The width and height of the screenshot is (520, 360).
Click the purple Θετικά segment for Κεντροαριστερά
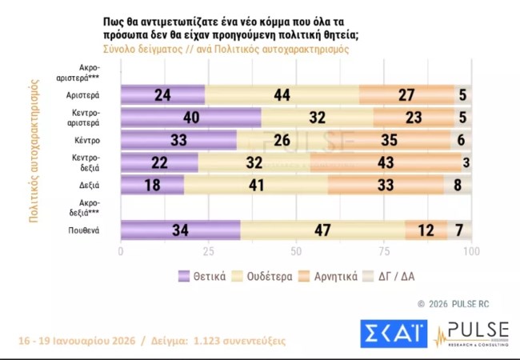[x=191, y=118]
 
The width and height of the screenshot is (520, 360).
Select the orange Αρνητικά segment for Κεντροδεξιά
[x=386, y=163]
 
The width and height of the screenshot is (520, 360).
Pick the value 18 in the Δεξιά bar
[x=152, y=186]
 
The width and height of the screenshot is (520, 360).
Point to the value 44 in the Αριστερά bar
[x=282, y=95]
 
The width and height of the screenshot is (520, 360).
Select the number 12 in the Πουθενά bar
[x=426, y=230]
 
